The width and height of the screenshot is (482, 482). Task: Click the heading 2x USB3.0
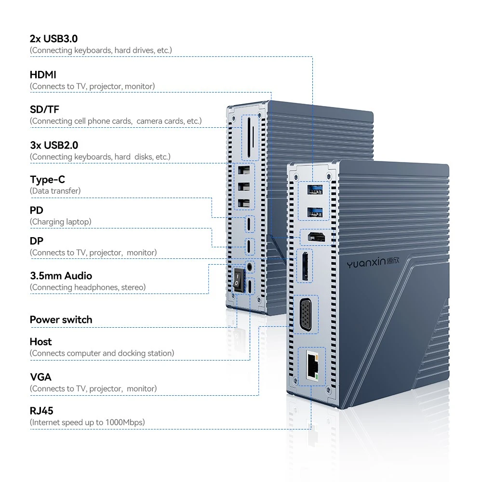54,39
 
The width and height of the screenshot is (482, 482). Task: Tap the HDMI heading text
43,75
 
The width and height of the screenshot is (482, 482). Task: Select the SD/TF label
44,109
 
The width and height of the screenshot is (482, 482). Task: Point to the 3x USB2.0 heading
54,145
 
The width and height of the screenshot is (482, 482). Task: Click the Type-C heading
48,179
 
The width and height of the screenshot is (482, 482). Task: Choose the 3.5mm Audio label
61,276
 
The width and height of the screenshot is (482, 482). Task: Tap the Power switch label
61,320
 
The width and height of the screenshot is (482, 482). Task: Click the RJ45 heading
41,411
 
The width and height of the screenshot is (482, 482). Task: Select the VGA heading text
40,377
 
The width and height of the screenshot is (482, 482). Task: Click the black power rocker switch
238,280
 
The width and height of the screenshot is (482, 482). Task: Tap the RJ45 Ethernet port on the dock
312,366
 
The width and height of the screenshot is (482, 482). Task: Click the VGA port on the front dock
306,315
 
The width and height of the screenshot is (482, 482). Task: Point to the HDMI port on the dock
316,237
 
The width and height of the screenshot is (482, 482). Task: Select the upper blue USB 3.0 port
315,189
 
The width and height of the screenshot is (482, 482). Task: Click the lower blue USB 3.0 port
315,212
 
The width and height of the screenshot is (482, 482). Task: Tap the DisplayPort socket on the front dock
305,266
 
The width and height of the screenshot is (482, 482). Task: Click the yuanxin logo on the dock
373,263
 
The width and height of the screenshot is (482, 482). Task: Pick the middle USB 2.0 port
244,187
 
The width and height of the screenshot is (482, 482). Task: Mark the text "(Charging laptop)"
61,222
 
